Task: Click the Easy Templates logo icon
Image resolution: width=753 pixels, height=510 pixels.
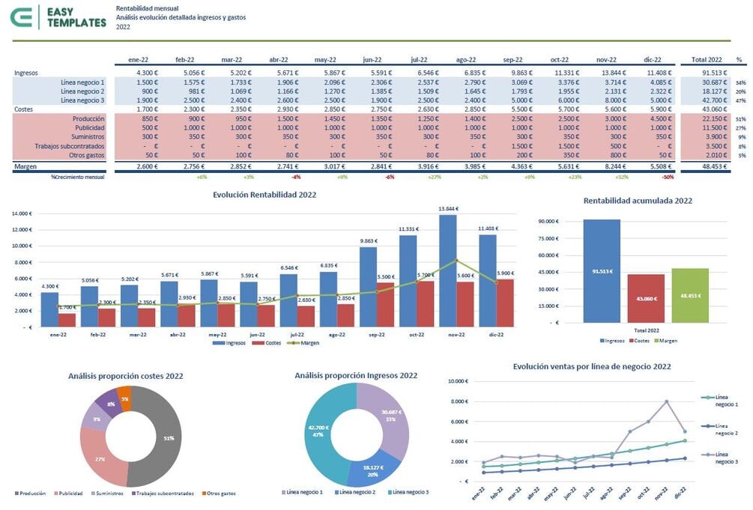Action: (27, 17)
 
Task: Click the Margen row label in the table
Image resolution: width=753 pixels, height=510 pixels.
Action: (25, 166)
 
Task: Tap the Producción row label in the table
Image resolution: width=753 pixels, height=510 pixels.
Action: (88, 119)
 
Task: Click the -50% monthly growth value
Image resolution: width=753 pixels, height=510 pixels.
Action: (667, 177)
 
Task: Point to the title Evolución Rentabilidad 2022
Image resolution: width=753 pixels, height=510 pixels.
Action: (264, 195)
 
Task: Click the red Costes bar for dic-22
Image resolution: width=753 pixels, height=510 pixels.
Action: (505, 303)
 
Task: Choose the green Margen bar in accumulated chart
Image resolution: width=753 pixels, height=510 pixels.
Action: (690, 295)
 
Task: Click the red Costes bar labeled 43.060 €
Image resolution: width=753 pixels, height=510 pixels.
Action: (646, 298)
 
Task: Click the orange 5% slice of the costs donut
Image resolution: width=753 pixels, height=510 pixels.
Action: (125, 398)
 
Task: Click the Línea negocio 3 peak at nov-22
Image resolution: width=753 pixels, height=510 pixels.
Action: (665, 401)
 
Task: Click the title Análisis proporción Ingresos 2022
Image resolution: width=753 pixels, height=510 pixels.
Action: (356, 375)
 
